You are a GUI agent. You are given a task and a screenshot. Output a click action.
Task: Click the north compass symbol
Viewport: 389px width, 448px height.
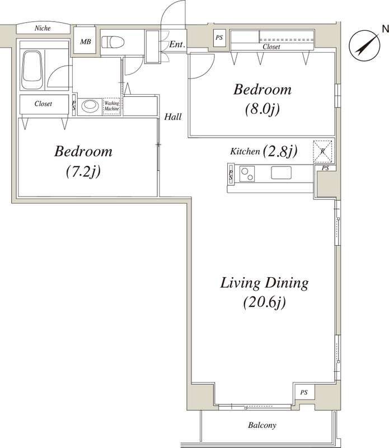click(365, 45)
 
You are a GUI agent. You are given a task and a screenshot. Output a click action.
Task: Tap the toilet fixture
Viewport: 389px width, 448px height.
click(113, 42)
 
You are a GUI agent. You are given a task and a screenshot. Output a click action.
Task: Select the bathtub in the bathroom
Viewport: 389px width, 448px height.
click(32, 70)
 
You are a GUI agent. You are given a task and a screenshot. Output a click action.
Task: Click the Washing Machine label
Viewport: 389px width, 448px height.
click(111, 106)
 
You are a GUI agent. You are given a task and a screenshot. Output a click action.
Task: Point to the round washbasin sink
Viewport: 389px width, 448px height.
click(90, 106)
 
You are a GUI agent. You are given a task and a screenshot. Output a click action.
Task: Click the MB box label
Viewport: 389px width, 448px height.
click(86, 41)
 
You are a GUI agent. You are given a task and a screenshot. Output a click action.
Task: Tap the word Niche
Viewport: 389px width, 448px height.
click(43, 28)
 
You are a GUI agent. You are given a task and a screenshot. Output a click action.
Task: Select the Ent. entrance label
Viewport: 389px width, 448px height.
click(177, 44)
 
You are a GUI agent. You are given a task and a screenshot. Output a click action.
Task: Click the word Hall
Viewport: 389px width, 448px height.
click(173, 116)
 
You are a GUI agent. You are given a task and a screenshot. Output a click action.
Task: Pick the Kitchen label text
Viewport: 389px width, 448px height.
click(245, 151)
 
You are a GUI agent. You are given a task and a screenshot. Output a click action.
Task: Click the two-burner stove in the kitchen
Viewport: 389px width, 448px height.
click(247, 174)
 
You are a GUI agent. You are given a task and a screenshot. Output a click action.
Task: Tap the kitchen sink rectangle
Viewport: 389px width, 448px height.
click(281, 173)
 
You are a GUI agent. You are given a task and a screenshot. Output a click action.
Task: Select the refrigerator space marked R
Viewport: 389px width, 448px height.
click(323, 151)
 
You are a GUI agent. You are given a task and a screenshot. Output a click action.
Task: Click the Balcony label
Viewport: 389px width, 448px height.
click(262, 425)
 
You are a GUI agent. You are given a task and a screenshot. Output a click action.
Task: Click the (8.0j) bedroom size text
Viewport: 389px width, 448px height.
click(262, 109)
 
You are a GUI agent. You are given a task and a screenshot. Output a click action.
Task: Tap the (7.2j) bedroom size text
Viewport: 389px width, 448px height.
click(83, 171)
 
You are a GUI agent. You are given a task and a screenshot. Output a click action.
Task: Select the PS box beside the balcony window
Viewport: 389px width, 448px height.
click(304, 393)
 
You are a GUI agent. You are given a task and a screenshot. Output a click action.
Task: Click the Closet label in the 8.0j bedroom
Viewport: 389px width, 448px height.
click(271, 46)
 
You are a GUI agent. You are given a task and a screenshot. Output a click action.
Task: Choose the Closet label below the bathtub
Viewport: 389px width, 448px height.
click(43, 104)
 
